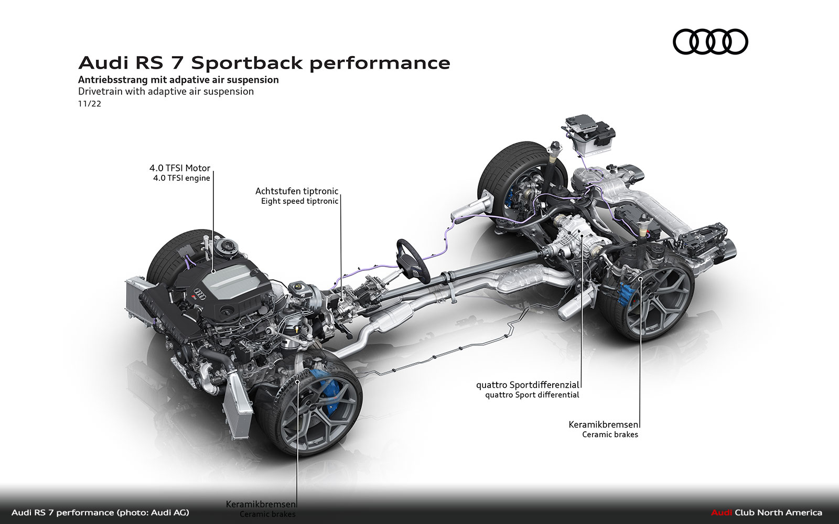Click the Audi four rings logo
(710, 41)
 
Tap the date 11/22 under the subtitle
(89, 104)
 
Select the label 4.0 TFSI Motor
(179, 168)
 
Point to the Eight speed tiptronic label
(299, 201)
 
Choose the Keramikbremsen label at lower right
(604, 424)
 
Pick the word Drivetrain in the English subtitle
(100, 91)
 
